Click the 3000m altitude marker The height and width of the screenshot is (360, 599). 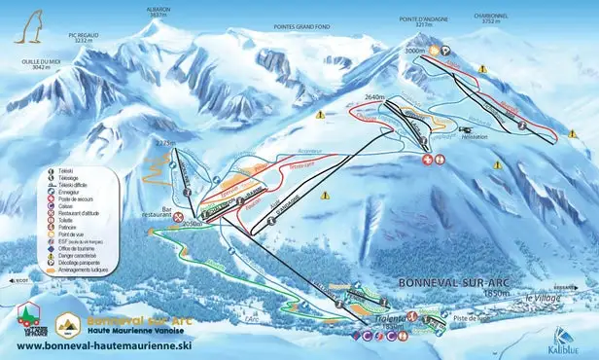416,51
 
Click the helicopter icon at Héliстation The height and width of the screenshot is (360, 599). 466,128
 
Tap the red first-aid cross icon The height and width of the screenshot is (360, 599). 426,160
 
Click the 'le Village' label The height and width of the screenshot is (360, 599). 544,297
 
